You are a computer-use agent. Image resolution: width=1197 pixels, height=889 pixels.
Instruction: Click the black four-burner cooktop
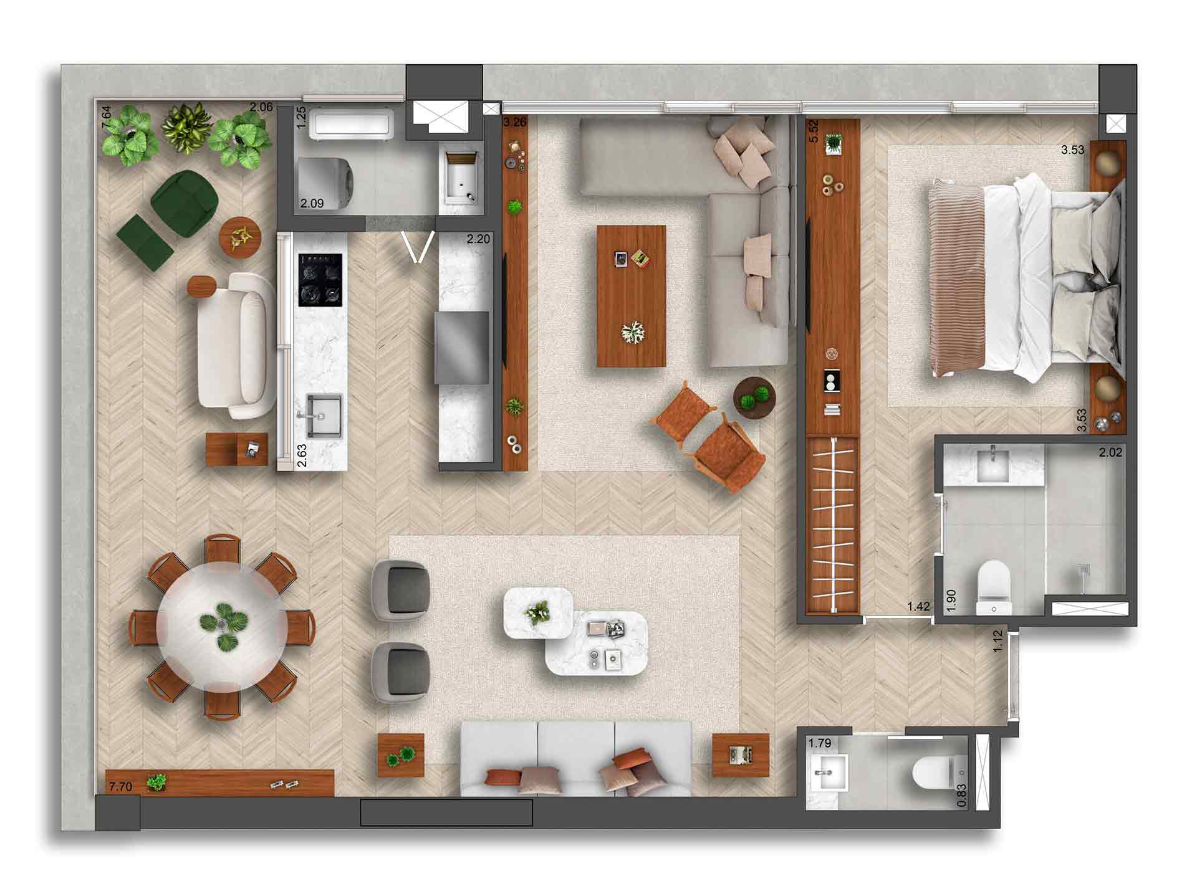click(x=321, y=280)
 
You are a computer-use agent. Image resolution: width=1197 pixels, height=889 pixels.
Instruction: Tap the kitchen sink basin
click(x=324, y=416)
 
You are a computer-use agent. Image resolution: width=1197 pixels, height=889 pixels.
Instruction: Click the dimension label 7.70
click(x=120, y=787)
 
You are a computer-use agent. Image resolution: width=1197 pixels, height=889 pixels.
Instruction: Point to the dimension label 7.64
click(x=107, y=118)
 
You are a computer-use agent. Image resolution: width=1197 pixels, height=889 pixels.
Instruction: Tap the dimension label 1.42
click(x=918, y=606)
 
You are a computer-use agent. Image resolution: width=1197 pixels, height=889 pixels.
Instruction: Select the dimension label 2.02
click(x=1110, y=453)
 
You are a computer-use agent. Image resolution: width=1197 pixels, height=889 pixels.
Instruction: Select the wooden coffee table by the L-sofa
click(x=631, y=296)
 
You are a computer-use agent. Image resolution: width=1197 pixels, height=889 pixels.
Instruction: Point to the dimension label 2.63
click(x=302, y=455)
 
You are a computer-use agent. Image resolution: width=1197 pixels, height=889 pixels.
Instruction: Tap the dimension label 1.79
click(x=820, y=743)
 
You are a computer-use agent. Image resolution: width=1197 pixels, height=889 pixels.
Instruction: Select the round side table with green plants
click(x=755, y=397)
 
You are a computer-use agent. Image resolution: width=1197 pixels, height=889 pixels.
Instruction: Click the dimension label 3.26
click(x=514, y=122)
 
